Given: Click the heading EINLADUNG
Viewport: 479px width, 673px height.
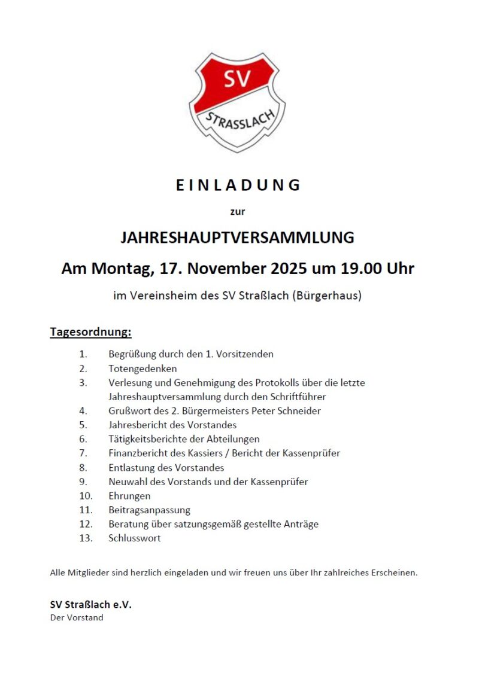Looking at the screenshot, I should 238,185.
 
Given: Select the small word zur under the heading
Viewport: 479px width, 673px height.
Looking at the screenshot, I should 238,211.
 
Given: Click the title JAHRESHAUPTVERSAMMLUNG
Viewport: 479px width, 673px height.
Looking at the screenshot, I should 238,237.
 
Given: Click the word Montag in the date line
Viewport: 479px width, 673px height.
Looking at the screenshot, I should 123,269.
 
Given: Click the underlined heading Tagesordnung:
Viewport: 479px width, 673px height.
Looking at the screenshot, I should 90,331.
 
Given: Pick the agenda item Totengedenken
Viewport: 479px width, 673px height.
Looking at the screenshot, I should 143,369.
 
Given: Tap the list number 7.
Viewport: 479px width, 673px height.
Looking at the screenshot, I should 83,453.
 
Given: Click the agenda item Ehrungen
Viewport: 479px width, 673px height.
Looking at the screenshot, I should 129,496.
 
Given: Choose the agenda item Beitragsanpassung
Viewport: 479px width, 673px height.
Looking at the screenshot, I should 149,510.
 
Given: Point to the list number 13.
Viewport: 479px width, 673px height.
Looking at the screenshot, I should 86,538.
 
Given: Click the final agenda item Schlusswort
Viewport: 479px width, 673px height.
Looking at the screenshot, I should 135,538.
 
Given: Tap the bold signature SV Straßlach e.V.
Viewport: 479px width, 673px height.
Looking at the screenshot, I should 90,605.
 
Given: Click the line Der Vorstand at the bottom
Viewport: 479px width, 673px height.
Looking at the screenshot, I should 77,618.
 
